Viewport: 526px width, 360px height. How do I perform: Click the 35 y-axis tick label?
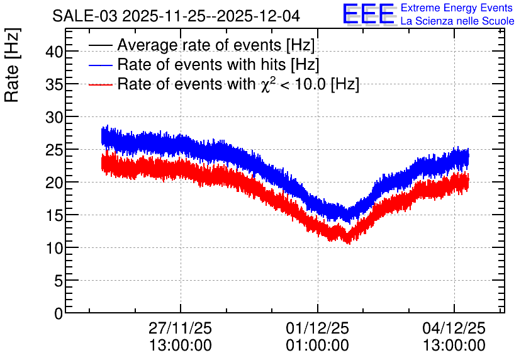pos(54,84)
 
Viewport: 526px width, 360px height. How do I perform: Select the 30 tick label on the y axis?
pos(54,117)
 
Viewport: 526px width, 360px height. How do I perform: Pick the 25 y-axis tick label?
pos(54,150)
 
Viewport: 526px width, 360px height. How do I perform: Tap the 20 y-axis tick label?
pos(54,183)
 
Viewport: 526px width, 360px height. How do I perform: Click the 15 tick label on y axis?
pos(54,215)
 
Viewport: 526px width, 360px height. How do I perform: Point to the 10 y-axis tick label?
pos(54,248)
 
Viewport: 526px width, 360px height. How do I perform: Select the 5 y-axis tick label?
pos(58,281)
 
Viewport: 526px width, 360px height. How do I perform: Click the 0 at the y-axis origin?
pos(58,313)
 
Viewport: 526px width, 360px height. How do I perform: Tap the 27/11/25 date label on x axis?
pos(181,328)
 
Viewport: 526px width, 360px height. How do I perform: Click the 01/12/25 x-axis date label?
pos(317,328)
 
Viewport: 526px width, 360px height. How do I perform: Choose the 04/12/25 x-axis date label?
pos(454,328)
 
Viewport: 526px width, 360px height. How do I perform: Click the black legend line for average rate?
pos(101,46)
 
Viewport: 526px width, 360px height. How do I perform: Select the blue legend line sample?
pos(101,65)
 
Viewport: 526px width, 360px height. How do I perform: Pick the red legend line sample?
pos(101,84)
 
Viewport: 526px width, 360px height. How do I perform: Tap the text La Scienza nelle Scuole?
pos(457,21)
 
